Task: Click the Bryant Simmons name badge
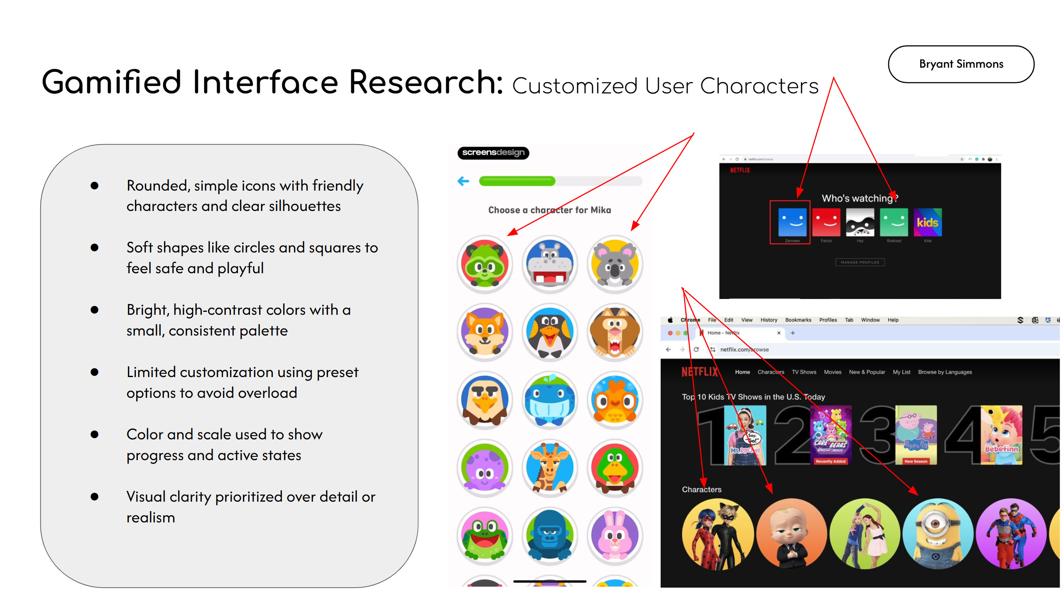[960, 64]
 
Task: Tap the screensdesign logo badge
[493, 152]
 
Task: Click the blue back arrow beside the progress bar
[463, 181]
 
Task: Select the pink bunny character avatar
[615, 536]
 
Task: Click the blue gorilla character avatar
[550, 536]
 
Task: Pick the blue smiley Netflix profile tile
[792, 222]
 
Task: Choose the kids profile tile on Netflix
[927, 222]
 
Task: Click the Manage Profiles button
[860, 262]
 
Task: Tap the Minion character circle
[938, 534]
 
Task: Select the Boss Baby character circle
[791, 534]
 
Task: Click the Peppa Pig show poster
[916, 434]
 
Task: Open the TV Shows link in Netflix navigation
[803, 372]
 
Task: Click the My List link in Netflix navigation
[901, 372]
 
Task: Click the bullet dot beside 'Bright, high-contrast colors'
[95, 310]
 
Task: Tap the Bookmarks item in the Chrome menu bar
[798, 320]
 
